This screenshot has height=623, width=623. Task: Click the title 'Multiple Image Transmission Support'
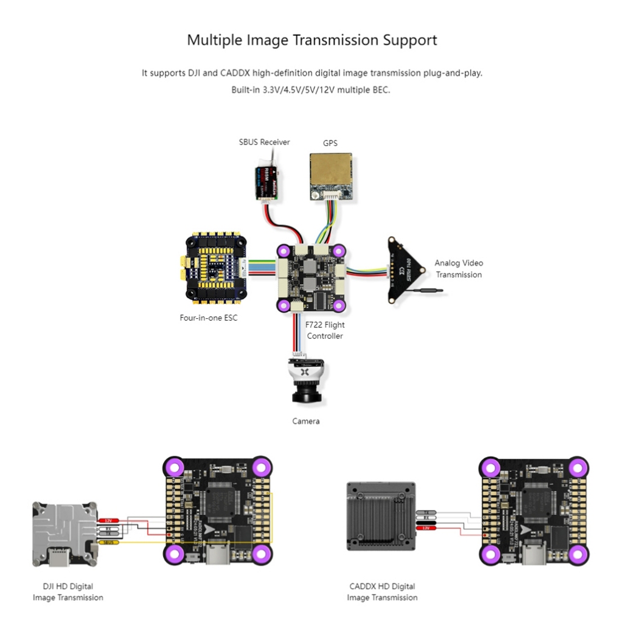[x=311, y=40]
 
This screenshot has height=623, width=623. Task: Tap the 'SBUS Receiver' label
[x=264, y=142]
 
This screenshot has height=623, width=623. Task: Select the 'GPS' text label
[x=330, y=143]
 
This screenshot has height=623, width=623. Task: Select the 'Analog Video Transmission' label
[x=458, y=269]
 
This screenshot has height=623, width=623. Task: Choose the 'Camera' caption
[x=305, y=421]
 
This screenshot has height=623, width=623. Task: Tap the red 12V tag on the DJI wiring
[x=109, y=521]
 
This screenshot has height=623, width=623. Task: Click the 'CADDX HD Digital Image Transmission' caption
[x=382, y=592]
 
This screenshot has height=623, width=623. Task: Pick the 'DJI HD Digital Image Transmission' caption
[x=68, y=592]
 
